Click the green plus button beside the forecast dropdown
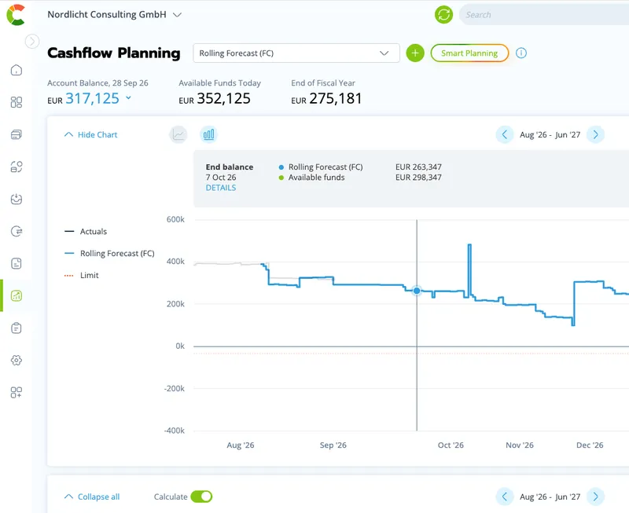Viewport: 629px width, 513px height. click(x=415, y=53)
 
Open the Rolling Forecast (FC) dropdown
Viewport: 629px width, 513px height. click(x=296, y=53)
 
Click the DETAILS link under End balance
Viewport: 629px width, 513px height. click(x=221, y=188)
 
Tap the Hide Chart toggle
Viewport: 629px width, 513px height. click(x=90, y=134)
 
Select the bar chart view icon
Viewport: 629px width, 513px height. click(x=208, y=134)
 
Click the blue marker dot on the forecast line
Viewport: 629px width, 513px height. click(x=417, y=291)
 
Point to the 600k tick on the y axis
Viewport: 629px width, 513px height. click(x=175, y=219)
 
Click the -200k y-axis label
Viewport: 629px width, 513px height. click(x=175, y=388)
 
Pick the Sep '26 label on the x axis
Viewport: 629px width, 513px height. click(x=333, y=445)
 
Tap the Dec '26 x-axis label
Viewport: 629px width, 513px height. click(x=590, y=445)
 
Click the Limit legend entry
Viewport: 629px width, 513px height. click(x=82, y=275)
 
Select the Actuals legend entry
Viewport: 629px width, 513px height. click(x=86, y=231)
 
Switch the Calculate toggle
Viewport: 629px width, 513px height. click(x=201, y=497)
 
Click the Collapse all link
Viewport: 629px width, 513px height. click(x=92, y=497)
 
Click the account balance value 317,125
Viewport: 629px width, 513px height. click(x=92, y=98)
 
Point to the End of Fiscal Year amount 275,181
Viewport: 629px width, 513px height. click(x=336, y=98)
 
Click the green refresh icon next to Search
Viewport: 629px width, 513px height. click(x=443, y=14)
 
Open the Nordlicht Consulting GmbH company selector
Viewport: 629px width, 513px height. click(x=115, y=14)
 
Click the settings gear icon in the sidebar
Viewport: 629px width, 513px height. click(x=16, y=361)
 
